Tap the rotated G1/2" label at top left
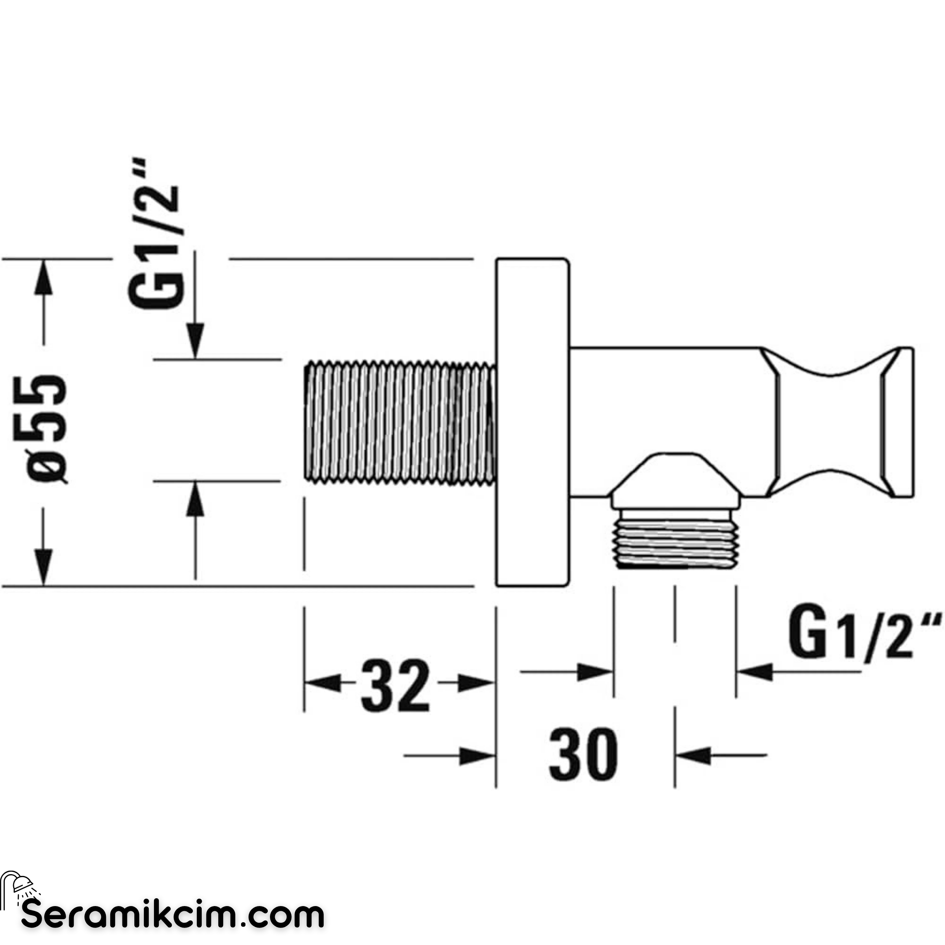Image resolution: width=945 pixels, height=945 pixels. click(x=156, y=233)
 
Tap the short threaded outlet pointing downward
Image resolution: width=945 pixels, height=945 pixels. click(x=675, y=538)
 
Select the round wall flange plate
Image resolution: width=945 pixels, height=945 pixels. click(x=533, y=422)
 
